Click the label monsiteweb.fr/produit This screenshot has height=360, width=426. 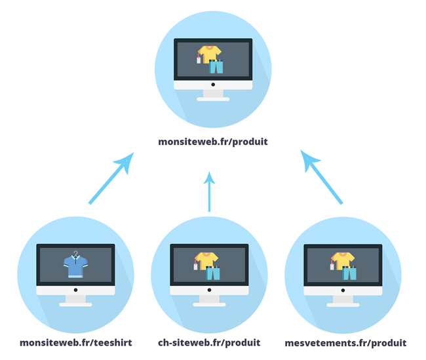tap(213, 141)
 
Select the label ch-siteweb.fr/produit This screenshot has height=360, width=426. tap(209, 342)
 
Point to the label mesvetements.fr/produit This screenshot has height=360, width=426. tap(345, 342)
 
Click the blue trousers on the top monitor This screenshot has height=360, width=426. tap(216, 66)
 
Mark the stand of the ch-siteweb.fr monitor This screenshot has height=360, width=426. tap(209, 299)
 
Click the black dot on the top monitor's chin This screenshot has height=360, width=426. tap(213, 84)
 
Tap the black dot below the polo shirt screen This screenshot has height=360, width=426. tap(75, 289)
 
